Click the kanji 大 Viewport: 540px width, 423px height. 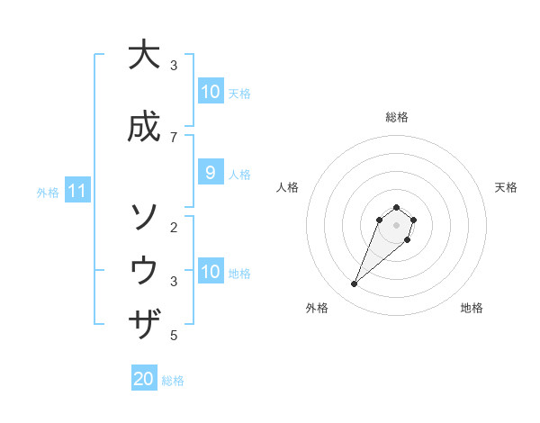[143, 55]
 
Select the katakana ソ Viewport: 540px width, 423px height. [143, 216]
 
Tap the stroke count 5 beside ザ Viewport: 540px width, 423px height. [174, 336]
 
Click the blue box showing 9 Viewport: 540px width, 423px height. [210, 172]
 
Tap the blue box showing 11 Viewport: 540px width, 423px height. [77, 191]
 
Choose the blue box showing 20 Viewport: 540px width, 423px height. [144, 379]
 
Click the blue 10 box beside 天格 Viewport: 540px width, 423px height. [210, 91]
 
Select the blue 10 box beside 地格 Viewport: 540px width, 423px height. [210, 271]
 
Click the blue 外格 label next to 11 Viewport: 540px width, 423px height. [48, 192]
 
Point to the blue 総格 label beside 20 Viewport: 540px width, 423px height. [173, 380]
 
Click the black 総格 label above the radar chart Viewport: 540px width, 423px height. [397, 117]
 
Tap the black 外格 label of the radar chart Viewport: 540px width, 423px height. [317, 308]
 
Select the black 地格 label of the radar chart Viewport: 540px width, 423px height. [472, 308]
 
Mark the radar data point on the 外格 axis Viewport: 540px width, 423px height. [355, 284]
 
